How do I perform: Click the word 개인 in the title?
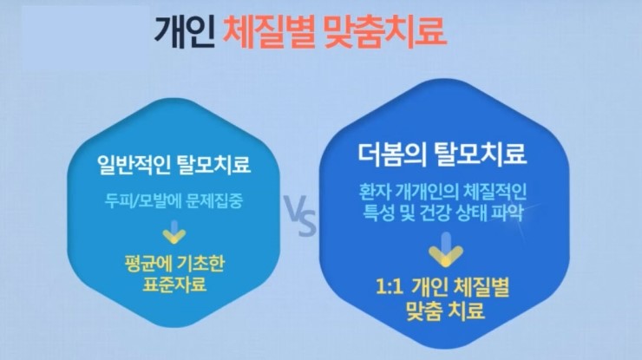coord(185,32)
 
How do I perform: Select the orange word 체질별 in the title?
coord(269,32)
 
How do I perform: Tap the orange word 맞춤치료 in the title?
coord(384,32)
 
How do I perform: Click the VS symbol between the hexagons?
coord(301,216)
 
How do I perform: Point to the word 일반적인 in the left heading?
coord(134,164)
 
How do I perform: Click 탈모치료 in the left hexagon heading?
coord(213,164)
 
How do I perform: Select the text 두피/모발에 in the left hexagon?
coord(142,200)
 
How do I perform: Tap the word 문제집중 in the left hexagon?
coord(214,200)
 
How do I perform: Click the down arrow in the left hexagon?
coord(174,232)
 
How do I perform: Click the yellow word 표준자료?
coord(174,285)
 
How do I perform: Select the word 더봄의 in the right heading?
coord(392,154)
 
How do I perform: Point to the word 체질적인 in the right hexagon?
coord(495,192)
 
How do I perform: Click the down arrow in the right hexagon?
coord(446,250)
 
